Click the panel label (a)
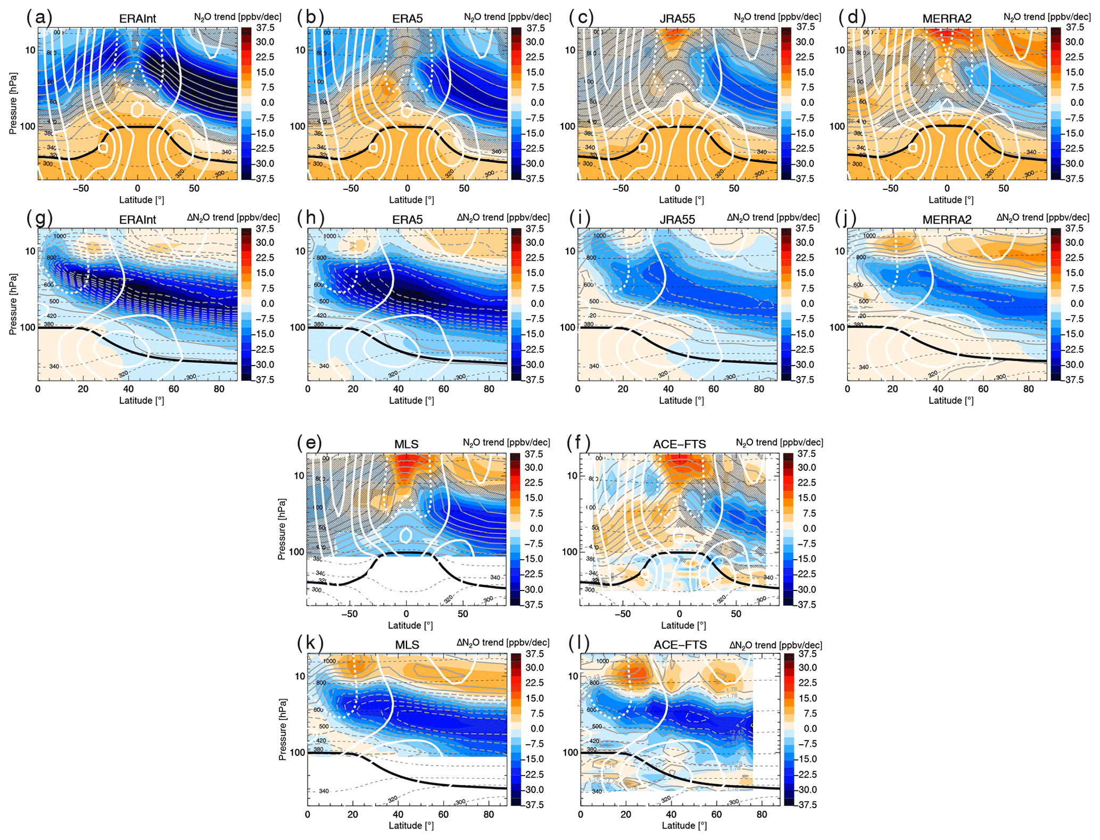[39, 18]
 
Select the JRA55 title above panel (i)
[677, 219]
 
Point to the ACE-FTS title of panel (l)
[680, 645]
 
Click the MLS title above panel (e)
[407, 444]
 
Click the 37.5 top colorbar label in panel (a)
[265, 28]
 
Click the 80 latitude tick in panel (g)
[219, 389]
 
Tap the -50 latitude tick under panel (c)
[620, 188]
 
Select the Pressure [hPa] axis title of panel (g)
[13, 304]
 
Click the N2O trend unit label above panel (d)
[1047, 17]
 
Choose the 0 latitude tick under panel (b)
[407, 188]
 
